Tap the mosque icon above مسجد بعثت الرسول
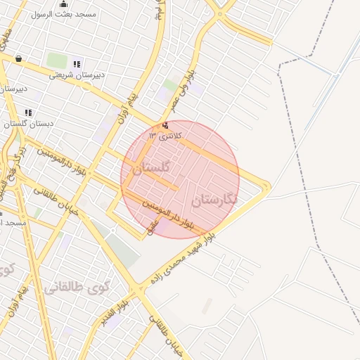point(64,4)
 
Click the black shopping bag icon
point(18,59)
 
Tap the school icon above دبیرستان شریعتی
point(77,64)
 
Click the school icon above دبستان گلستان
point(28,112)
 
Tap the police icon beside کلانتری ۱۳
point(165,125)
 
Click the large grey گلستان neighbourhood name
point(151,168)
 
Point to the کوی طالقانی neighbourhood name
point(77,288)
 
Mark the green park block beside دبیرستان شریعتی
point(55,60)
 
